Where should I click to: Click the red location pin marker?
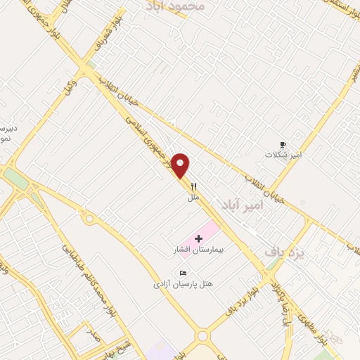coord(181,165)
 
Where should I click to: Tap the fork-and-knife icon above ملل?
coord(194,187)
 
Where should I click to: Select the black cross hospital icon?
coord(198,238)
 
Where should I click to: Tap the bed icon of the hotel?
coord(184,273)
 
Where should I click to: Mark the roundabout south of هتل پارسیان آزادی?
coord(203,337)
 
